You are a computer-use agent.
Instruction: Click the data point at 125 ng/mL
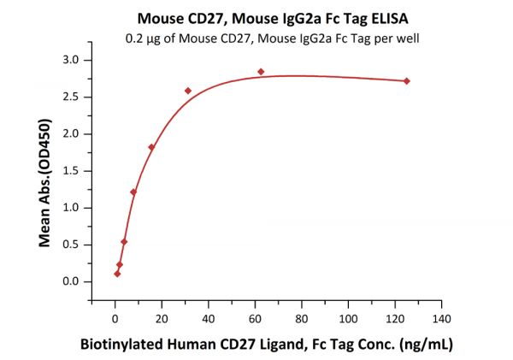406,81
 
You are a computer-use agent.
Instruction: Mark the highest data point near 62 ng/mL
261,72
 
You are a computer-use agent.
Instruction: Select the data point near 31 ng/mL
188,91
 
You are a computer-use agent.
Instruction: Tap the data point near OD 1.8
151,147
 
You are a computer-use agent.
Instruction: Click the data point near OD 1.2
133,192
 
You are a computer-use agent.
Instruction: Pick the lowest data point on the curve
117,274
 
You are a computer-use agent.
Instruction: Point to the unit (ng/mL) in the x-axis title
425,345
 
